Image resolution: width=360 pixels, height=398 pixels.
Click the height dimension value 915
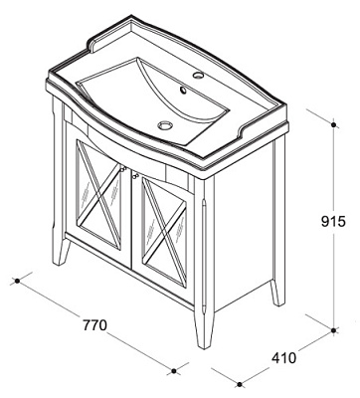click(333, 221)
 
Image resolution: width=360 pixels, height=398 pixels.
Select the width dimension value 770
click(94, 325)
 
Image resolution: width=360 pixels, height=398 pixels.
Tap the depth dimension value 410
click(283, 358)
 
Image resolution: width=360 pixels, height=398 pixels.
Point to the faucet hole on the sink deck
click(198, 75)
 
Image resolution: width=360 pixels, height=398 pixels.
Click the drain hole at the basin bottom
click(165, 125)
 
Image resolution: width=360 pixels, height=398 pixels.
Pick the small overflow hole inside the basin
click(182, 90)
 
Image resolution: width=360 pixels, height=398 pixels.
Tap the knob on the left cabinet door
click(123, 169)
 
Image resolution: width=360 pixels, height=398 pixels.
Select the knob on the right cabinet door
click(134, 172)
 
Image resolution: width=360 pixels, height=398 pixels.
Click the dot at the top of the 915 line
click(334, 124)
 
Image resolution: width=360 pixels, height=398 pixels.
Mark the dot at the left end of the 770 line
click(17, 281)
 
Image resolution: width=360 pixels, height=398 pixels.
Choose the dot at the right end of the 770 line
click(174, 371)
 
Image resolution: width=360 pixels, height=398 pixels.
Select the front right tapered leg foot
click(204, 330)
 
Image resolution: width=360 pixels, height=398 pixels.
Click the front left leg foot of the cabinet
click(62, 251)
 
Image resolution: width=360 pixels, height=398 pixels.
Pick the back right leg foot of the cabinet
click(277, 293)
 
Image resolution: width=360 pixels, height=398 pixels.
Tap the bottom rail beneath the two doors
click(129, 271)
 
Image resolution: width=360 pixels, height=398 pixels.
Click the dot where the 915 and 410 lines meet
click(334, 330)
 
